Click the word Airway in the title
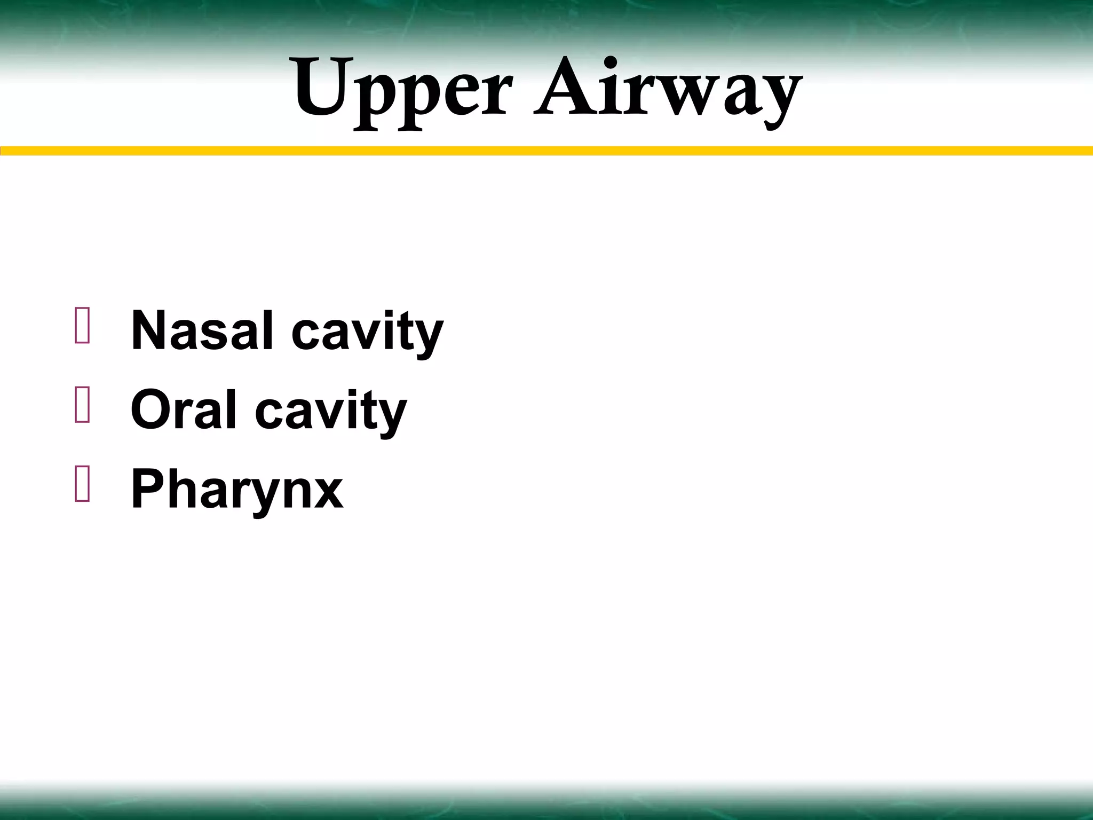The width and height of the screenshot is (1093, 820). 667,91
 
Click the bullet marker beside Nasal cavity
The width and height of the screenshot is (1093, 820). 82,326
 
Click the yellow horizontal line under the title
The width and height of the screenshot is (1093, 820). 546,151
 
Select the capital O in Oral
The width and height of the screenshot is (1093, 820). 151,410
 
